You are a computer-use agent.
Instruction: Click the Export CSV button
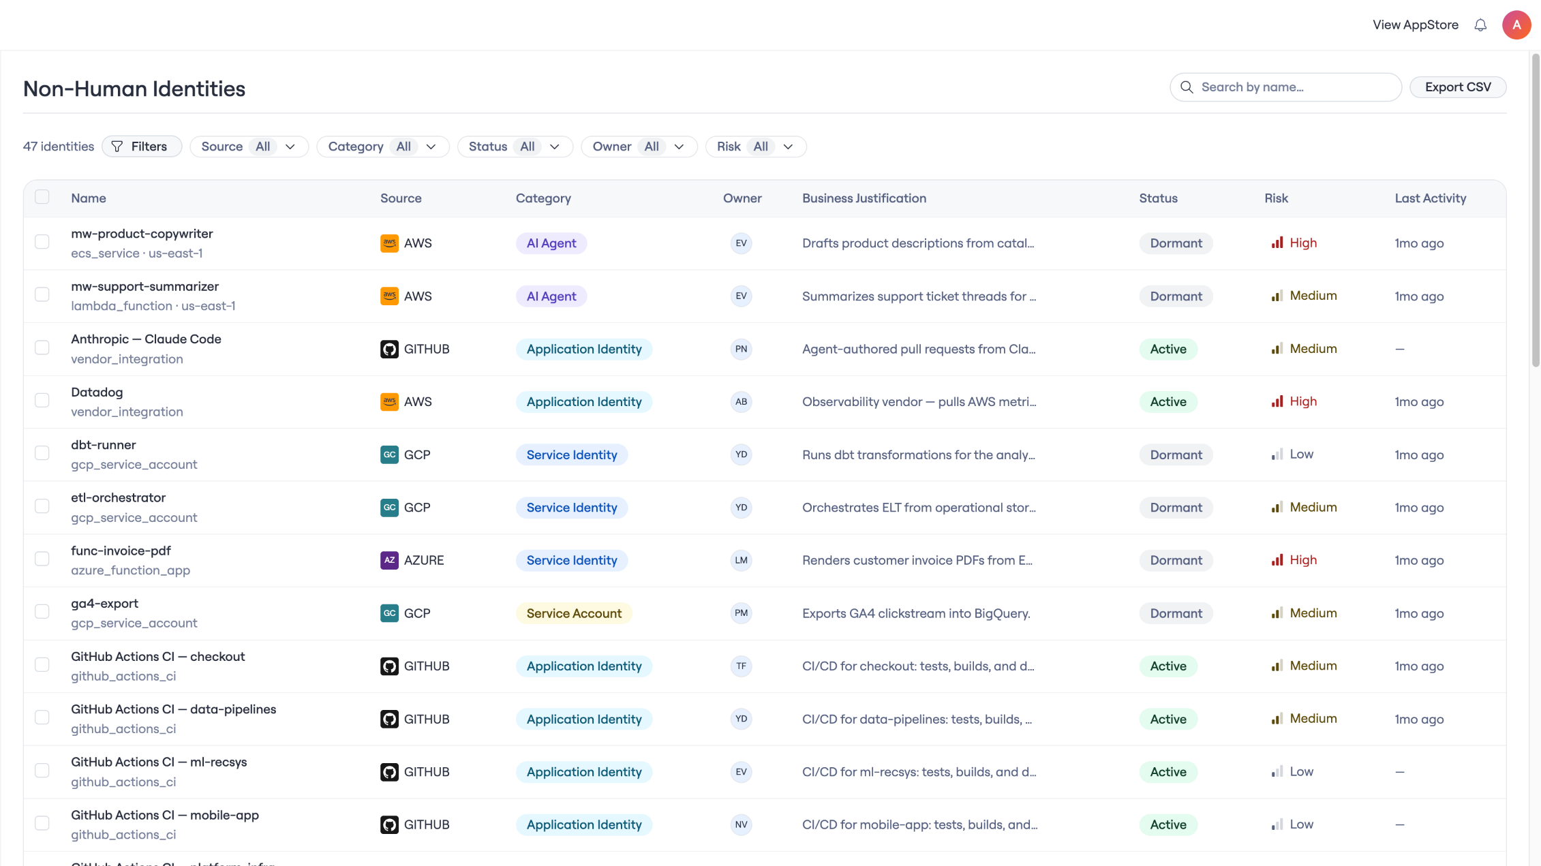[x=1457, y=87]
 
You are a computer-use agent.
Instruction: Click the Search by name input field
[x=1285, y=87]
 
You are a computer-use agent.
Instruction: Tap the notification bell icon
[x=1480, y=25]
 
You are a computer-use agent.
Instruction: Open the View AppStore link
[x=1416, y=25]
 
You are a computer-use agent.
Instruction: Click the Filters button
[x=142, y=146]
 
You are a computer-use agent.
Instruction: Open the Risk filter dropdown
[x=756, y=146]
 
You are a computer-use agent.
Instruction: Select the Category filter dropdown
[x=383, y=146]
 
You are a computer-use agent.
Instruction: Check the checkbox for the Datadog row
[x=42, y=401]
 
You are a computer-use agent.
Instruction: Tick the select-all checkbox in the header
[x=42, y=197]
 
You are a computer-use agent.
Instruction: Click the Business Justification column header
[x=864, y=198]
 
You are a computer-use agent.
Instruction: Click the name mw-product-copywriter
[x=142, y=234]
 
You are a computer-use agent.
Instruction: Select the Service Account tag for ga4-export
[x=574, y=613]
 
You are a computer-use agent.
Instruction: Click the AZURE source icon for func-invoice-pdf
[x=389, y=560]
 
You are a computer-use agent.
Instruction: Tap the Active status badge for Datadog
[x=1168, y=402]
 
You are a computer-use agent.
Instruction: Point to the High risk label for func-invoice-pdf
[x=1303, y=560]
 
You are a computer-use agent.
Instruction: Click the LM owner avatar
[x=741, y=560]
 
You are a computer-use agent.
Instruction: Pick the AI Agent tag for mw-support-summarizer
[x=551, y=296]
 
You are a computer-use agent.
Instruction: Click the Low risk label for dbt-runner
[x=1301, y=454]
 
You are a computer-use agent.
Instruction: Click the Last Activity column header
[x=1431, y=198]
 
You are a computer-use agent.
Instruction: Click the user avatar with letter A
[x=1516, y=25]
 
